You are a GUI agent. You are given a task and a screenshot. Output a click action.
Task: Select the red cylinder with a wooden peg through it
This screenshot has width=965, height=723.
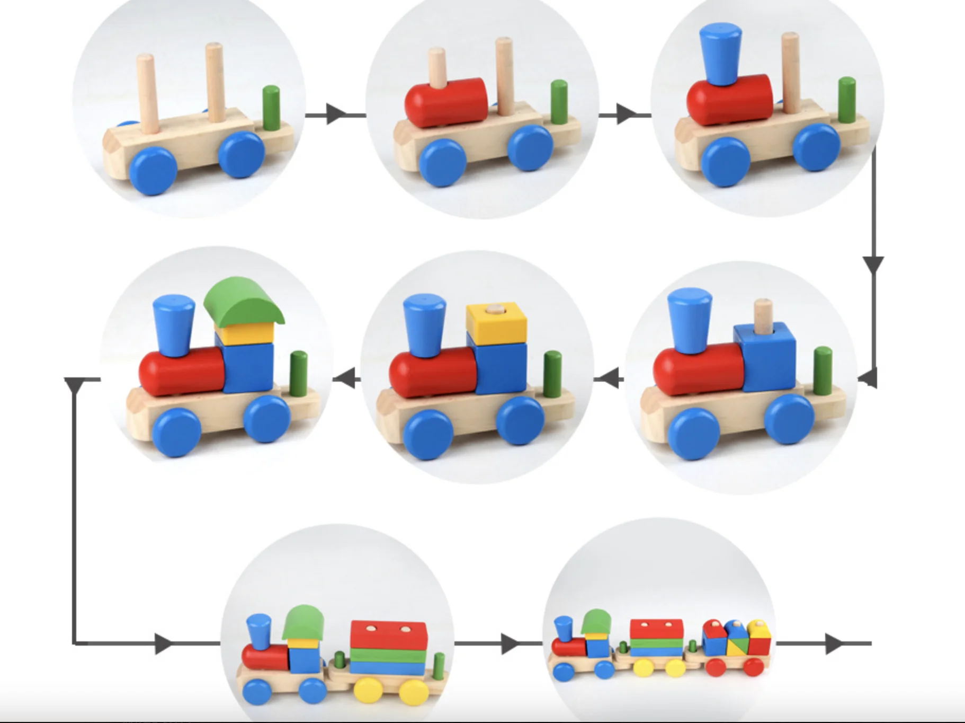click(446, 103)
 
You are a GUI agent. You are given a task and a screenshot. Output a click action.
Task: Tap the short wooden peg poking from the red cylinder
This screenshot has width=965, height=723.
click(437, 66)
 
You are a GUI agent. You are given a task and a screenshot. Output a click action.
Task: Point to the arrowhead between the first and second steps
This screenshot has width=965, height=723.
click(335, 114)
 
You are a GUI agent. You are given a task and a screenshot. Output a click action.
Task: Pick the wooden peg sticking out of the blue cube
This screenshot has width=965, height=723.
click(763, 315)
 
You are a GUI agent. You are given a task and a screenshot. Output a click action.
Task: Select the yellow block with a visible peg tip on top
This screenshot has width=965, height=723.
click(496, 323)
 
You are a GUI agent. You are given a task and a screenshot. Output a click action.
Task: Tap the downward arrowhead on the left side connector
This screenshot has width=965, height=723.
click(75, 385)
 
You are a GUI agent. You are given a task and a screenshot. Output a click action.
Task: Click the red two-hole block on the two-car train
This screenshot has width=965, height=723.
click(388, 635)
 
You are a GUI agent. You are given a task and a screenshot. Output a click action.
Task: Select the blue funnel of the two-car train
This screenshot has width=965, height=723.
click(259, 631)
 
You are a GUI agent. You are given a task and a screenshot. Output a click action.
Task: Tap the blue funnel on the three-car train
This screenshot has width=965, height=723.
click(563, 628)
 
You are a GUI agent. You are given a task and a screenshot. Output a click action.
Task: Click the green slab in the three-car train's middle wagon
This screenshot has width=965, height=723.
click(656, 643)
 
